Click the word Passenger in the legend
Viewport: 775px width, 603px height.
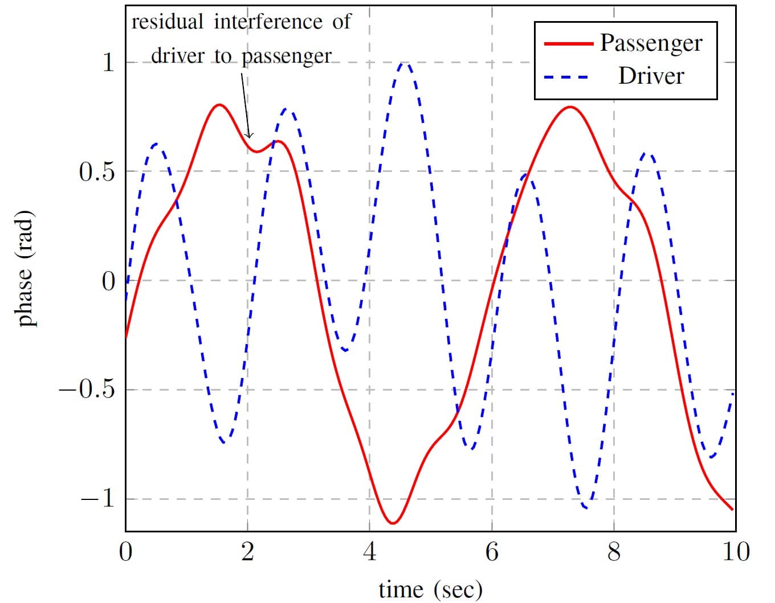pyautogui.click(x=651, y=43)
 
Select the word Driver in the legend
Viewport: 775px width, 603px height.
pyautogui.click(x=651, y=76)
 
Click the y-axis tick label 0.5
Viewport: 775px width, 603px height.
pyautogui.click(x=97, y=172)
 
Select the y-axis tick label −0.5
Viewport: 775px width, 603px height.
pyautogui.click(x=87, y=390)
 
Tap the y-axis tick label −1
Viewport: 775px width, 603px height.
pyautogui.click(x=97, y=499)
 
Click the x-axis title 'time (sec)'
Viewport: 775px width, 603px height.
pyautogui.click(x=430, y=589)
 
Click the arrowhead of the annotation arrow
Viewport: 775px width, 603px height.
pyautogui.click(x=248, y=136)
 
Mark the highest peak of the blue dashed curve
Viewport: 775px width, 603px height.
pyautogui.click(x=404, y=63)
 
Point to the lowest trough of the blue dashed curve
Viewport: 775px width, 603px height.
pyautogui.click(x=586, y=507)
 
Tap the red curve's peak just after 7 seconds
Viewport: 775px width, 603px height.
pyautogui.click(x=570, y=107)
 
